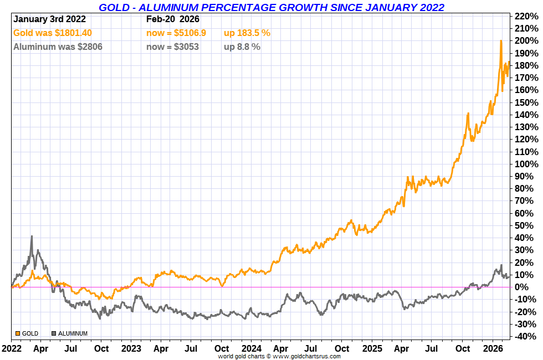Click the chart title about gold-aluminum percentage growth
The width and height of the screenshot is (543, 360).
271,7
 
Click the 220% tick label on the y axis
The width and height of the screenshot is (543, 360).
526,16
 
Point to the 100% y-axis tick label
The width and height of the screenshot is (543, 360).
526,164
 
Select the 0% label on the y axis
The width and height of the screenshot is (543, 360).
530,287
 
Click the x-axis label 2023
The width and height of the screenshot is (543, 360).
131,349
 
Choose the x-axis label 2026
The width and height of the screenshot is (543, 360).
493,349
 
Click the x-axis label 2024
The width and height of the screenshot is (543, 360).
252,349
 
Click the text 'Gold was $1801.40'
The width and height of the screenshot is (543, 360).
53,33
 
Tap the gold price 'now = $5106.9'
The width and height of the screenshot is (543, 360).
176,33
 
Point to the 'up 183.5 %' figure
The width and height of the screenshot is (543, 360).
247,33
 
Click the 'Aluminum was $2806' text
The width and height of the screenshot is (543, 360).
58,47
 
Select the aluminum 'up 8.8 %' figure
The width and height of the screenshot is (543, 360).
242,47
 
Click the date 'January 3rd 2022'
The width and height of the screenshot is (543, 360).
49,19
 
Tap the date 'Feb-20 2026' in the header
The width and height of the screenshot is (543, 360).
173,19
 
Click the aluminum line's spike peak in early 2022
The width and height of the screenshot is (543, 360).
32,236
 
